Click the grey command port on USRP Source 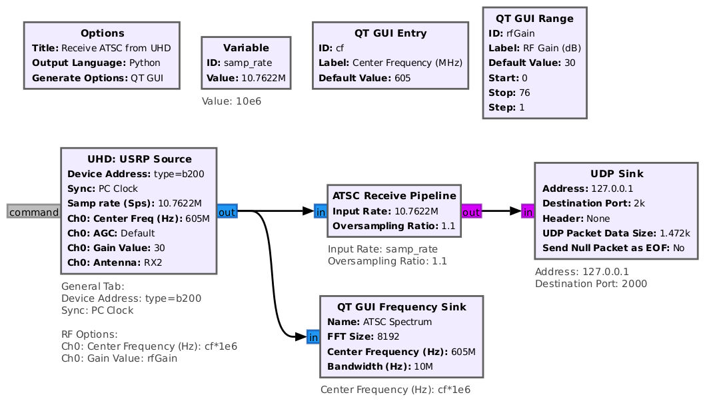34,211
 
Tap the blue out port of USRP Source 227,211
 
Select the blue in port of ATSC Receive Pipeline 321,211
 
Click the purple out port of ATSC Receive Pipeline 471,211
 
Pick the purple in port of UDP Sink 528,211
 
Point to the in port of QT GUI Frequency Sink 313,337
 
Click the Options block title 102,33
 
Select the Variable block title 246,48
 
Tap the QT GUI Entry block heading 390,33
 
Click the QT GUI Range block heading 534,19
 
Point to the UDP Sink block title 617,174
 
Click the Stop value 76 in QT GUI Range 524,93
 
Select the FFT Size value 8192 388,336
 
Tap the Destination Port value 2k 639,204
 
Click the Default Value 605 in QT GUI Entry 402,78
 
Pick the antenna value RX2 153,262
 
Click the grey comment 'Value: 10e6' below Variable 231,101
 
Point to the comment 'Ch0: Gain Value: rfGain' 119,358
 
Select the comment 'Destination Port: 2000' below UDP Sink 591,284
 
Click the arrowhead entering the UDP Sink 516,211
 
